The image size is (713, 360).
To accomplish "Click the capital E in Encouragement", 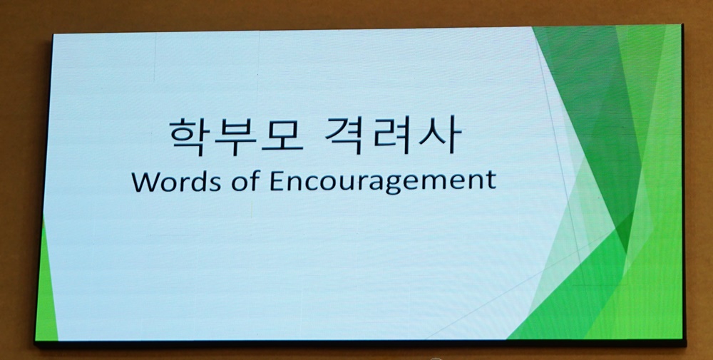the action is [277, 181].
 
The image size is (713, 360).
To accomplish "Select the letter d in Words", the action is [200, 180].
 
